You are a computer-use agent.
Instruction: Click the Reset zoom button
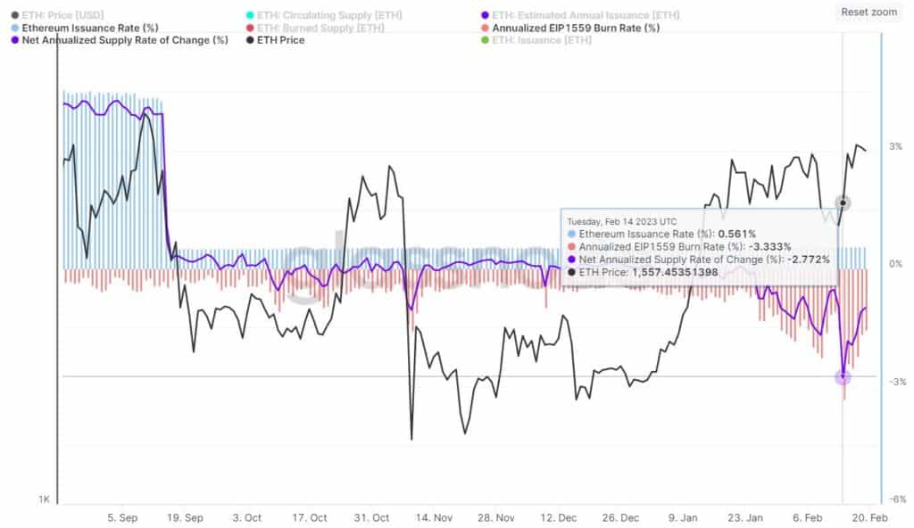click(868, 12)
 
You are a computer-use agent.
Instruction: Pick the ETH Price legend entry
click(279, 40)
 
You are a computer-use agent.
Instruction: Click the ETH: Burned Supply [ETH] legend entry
click(320, 28)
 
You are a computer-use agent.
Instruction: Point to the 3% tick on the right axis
click(895, 146)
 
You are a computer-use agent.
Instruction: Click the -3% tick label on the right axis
click(894, 382)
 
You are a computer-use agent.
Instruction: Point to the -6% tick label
click(894, 499)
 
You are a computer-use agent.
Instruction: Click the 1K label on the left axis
click(44, 499)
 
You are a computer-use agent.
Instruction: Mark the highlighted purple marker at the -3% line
click(843, 377)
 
